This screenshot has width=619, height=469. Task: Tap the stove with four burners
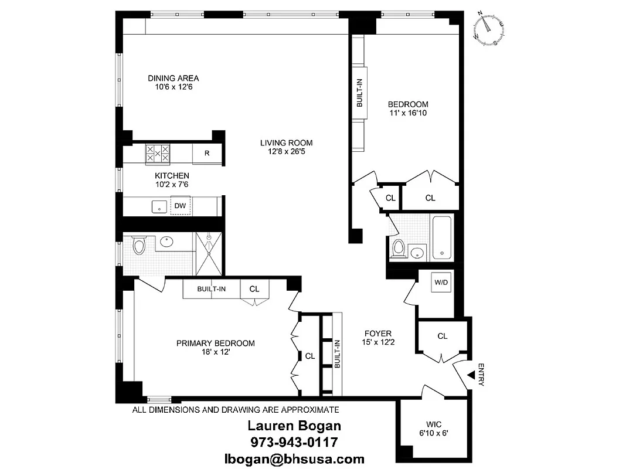coord(157,154)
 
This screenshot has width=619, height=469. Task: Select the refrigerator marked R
coord(206,154)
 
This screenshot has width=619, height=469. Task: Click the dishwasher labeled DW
coord(181,206)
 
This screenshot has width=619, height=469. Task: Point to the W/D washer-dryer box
coord(441,283)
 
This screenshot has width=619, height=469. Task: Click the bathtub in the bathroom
coord(442,239)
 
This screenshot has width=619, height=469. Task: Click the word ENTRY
coord(481,375)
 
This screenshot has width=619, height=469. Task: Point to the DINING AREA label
coord(173,78)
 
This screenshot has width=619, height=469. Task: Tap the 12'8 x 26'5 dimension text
coord(287,151)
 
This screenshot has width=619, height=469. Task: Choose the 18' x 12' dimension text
coord(216,352)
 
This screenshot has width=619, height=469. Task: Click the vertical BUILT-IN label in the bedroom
coord(359,93)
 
